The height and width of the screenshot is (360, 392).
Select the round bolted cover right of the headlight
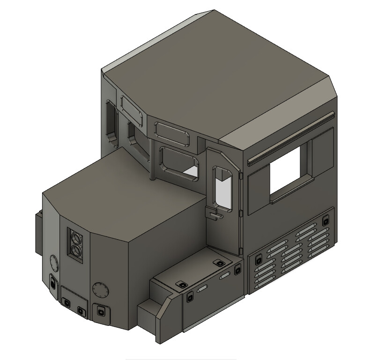(x=99, y=290)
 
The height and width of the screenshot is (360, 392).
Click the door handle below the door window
(x=215, y=216)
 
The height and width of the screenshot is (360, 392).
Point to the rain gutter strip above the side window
(x=290, y=139)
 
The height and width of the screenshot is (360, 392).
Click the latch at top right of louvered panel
(x=325, y=220)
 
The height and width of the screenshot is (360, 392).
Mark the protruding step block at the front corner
(x=149, y=314)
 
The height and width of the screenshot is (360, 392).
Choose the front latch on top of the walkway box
(x=181, y=285)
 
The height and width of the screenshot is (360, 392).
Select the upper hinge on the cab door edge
(x=241, y=177)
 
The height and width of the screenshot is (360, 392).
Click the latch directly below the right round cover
(x=100, y=310)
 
